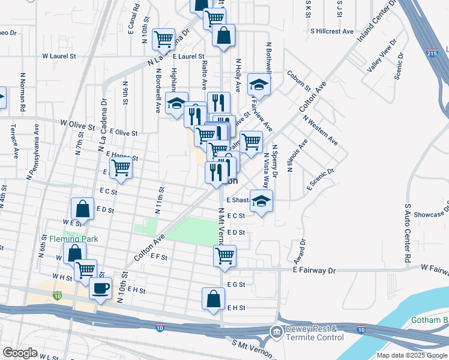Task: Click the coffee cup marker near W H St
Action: click(100, 287)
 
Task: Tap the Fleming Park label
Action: click(74, 239)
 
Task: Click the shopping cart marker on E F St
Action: click(224, 256)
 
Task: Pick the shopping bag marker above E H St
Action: click(214, 298)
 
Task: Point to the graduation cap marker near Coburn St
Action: click(259, 85)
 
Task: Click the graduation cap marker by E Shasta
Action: click(261, 201)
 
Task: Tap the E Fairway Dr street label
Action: click(314, 271)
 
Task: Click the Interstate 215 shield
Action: click(430, 53)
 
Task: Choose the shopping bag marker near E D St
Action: click(82, 209)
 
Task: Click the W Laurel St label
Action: click(59, 56)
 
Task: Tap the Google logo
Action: click(20, 353)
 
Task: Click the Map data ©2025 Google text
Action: click(412, 355)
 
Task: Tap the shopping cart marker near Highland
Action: click(163, 40)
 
